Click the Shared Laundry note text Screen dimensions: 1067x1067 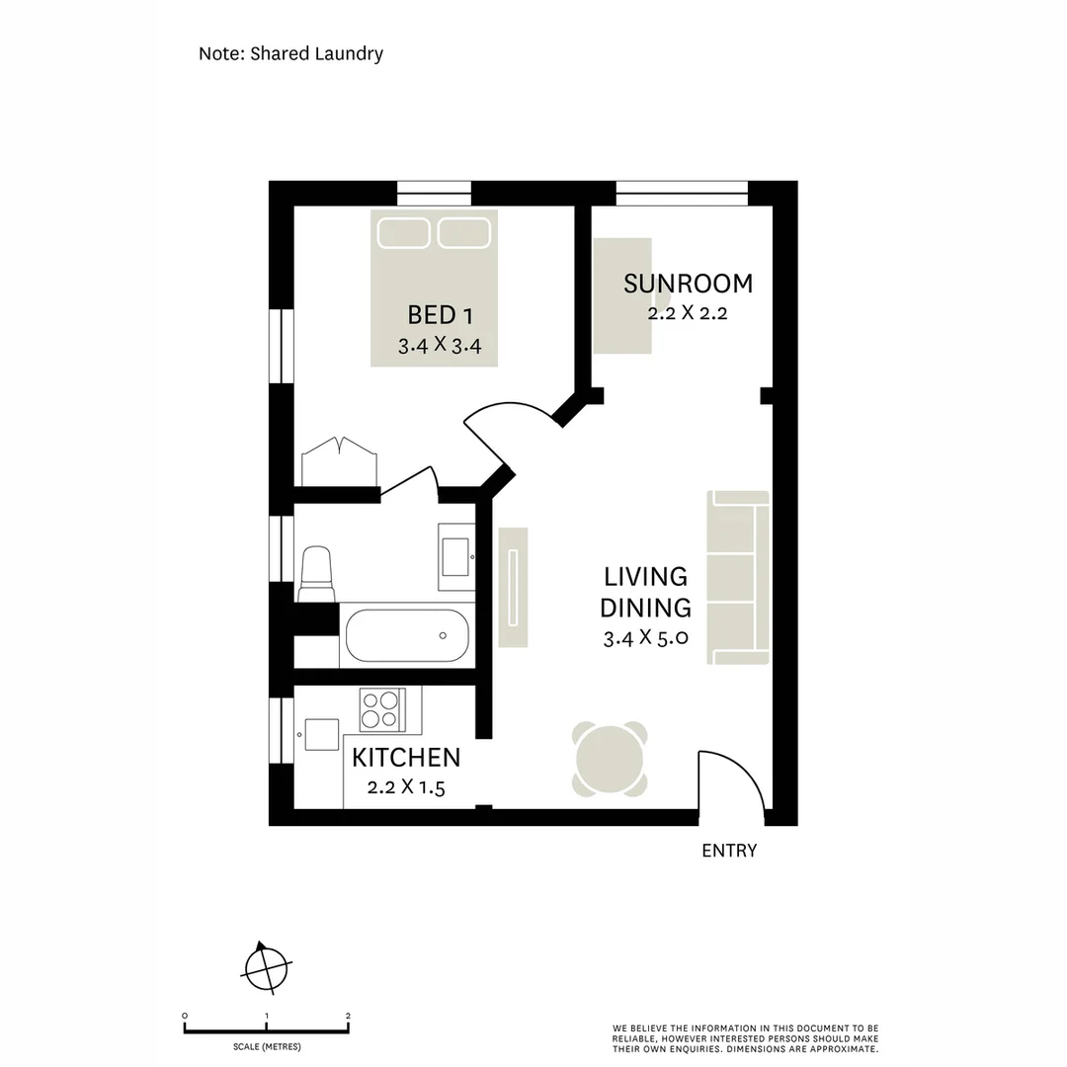[290, 53]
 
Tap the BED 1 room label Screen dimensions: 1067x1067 [441, 315]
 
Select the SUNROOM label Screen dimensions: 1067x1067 [688, 284]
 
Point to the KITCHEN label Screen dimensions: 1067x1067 [406, 758]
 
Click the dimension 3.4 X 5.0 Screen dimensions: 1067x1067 [645, 638]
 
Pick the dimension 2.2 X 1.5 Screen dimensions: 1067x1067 [406, 787]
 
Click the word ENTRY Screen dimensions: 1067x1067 [729, 851]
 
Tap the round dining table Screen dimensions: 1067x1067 [610, 759]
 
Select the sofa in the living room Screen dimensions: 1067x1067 [738, 577]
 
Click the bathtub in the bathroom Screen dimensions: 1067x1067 [406, 635]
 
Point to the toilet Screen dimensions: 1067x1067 [316, 573]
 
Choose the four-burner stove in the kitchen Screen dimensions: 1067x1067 [381, 709]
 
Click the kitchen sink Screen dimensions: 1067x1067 [322, 735]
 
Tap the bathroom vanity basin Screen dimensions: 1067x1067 [456, 556]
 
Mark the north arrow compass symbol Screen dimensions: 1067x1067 [265, 965]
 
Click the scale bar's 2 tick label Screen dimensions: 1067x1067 [348, 1016]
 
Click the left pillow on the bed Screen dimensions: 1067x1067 [403, 232]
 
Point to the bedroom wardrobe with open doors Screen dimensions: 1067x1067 [339, 462]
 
